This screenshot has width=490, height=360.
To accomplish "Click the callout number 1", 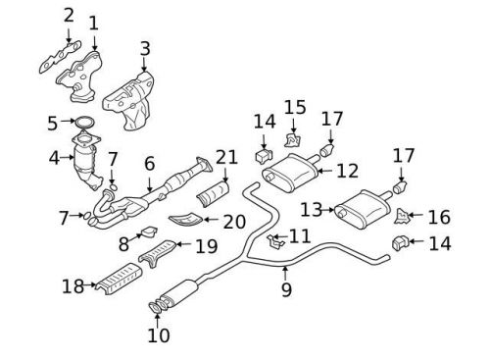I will click(93, 23).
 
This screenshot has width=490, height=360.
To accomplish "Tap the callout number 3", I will click(144, 48).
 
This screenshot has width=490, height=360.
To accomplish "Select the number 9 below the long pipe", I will click(285, 289).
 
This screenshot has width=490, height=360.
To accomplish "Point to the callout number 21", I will click(227, 158).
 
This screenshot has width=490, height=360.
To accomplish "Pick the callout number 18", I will click(73, 285).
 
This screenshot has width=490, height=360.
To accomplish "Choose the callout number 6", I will click(149, 165).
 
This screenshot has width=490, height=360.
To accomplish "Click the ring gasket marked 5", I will click(86, 124).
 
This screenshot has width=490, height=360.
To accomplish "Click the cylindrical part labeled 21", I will click(211, 193).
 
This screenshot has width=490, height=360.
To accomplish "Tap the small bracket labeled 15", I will click(292, 137).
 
